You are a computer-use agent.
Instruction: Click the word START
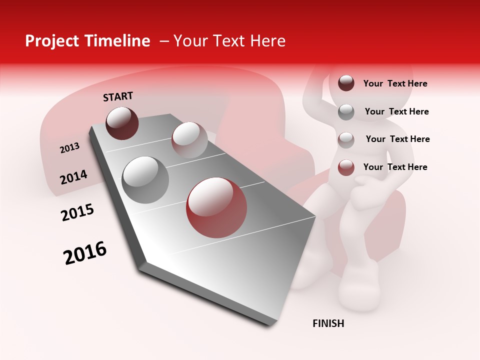[118, 96]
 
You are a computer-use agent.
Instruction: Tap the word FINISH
[328, 323]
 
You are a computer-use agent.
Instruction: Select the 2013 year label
[69, 147]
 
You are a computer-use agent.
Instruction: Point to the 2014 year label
[73, 177]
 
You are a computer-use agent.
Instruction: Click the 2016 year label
[85, 252]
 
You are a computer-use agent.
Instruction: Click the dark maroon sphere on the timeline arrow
[122, 123]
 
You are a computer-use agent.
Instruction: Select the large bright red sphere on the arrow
[216, 207]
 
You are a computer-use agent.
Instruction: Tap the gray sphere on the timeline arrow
[145, 179]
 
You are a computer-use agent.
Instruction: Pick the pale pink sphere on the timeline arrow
[189, 140]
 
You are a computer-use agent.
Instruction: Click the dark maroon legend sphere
[346, 83]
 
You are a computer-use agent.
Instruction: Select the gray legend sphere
[346, 112]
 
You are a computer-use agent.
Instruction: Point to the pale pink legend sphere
[346, 139]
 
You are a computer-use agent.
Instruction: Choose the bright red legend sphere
[346, 167]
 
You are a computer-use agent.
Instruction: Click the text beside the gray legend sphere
[396, 111]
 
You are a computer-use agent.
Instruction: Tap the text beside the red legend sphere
[395, 167]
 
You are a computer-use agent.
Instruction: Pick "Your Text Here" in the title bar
[229, 41]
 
